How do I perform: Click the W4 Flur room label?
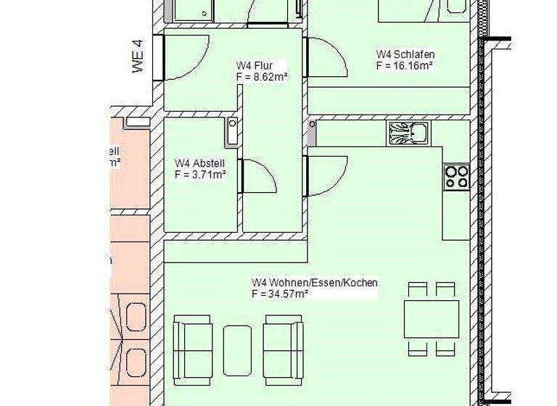pyautogui.click(x=255, y=65)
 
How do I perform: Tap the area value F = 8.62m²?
pyautogui.click(x=262, y=75)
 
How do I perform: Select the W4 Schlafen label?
pyautogui.click(x=405, y=54)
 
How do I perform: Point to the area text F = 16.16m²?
pyautogui.click(x=404, y=65)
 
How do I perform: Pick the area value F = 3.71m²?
pyautogui.click(x=200, y=174)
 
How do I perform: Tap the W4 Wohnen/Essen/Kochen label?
pyautogui.click(x=314, y=282)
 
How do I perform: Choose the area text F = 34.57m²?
pyautogui.click(x=281, y=294)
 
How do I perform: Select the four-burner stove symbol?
pyautogui.click(x=457, y=177)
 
